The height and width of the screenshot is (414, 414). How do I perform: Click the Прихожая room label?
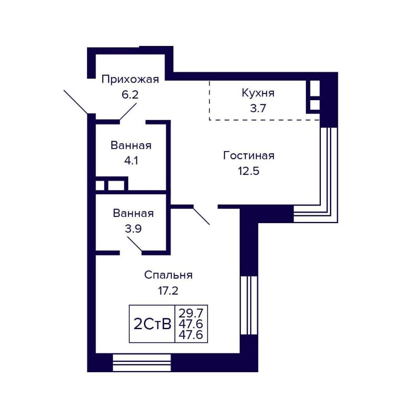pos(130,79)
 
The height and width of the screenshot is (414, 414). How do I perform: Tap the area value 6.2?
pos(130,94)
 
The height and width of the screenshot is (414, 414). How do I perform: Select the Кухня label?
pos(258,93)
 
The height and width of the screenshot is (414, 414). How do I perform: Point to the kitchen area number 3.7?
pos(258,108)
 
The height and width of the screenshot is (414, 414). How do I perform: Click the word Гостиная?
pos(249,156)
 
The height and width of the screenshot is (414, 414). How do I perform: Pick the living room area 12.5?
pos(249,171)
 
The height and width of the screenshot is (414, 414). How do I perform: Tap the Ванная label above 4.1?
pos(131,145)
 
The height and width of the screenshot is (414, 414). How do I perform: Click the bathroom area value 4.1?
pos(131,161)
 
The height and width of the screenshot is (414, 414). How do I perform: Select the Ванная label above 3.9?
pos(133,213)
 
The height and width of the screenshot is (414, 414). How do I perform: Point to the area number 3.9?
pos(133,229)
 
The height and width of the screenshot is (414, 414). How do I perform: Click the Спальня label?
pos(168,275)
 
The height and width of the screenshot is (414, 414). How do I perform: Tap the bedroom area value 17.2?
pos(168,291)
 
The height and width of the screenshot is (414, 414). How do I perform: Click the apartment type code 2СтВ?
pos(152,324)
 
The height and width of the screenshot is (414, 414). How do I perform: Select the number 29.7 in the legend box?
pos(191,314)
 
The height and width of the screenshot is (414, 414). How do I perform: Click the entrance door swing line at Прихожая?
pos(76,102)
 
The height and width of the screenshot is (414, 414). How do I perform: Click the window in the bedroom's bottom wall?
pos(142,363)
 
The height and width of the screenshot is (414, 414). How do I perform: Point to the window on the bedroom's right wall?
pos(249,305)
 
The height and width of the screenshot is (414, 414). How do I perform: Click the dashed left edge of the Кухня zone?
pos(209,100)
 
